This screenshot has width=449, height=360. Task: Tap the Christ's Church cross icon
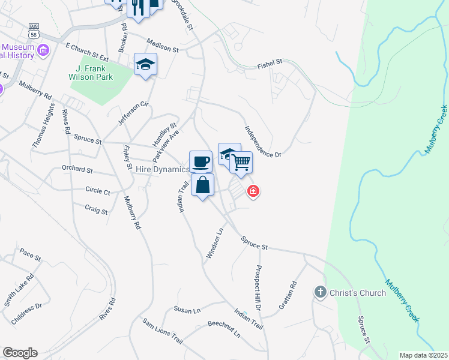(x=319, y=292)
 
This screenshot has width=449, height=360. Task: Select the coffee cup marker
(x=200, y=161)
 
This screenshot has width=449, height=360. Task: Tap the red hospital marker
(x=253, y=191)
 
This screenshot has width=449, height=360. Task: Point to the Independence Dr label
(x=262, y=142)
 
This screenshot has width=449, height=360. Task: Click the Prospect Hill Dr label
(x=259, y=287)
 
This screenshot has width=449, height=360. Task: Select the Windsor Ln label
(x=214, y=242)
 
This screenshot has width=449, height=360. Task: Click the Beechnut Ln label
(x=223, y=331)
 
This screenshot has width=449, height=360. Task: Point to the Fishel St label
(x=270, y=62)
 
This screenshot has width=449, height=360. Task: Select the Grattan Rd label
(x=288, y=295)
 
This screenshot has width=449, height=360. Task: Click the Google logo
(x=20, y=353)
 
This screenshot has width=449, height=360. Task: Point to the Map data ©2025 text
(x=423, y=355)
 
